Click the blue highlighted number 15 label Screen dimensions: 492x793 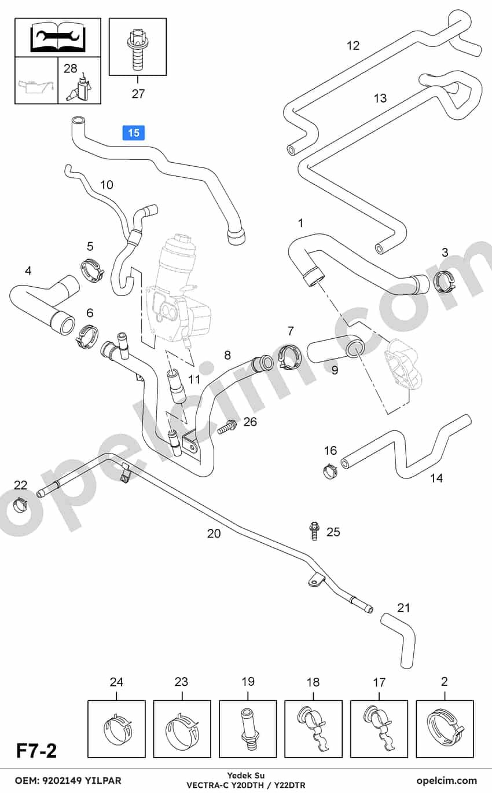click(x=133, y=133)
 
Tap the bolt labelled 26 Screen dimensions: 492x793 click(x=227, y=427)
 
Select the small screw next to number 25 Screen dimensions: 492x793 click(x=314, y=531)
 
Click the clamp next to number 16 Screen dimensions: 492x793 click(x=330, y=470)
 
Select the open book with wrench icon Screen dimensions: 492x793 click(x=58, y=36)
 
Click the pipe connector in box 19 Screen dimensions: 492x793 click(x=248, y=730)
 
